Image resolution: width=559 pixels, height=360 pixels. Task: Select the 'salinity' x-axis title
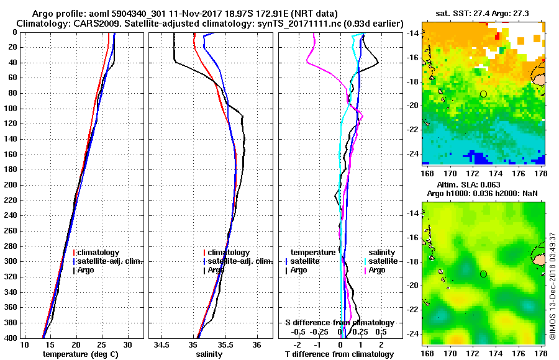click(x=210, y=354)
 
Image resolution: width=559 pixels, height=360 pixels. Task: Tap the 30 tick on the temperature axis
click(x=128, y=344)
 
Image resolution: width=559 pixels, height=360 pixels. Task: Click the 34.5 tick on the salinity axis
click(x=163, y=344)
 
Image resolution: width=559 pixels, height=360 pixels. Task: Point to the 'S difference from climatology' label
click(x=340, y=323)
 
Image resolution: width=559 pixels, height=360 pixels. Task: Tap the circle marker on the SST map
click(x=483, y=94)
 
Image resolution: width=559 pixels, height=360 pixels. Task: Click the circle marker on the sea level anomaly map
click(x=483, y=274)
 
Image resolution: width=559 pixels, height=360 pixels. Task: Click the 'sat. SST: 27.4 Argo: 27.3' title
click(x=484, y=12)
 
